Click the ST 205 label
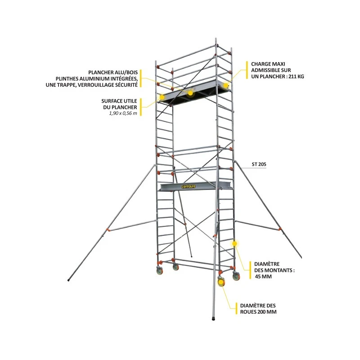[259, 164]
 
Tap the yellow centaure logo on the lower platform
[189, 186]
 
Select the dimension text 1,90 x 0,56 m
[123, 113]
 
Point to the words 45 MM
[263, 276]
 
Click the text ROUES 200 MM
[258, 312]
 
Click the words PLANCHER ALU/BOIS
[113, 72]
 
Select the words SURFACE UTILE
[119, 101]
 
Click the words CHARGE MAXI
[268, 64]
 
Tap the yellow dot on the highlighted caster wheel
[221, 282]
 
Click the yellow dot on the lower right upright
[234, 243]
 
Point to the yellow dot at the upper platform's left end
[162, 97]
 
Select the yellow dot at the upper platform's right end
[226, 85]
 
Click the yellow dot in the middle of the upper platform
[190, 93]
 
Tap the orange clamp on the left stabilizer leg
[108, 230]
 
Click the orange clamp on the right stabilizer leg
[280, 229]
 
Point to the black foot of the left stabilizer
[69, 280]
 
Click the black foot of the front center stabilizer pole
[213, 319]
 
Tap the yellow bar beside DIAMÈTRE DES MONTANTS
[250, 270]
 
